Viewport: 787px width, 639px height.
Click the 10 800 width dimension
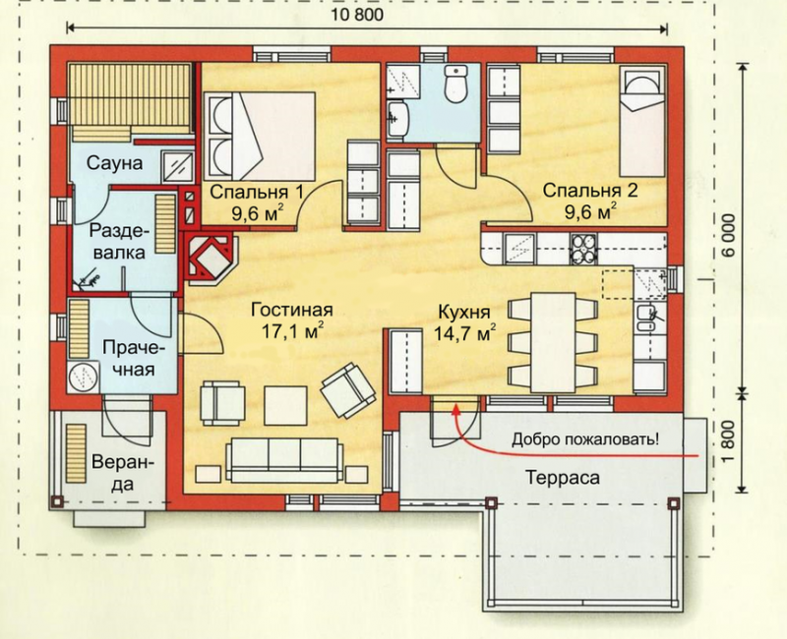pos(357,14)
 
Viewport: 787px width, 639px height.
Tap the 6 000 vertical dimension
pos(729,235)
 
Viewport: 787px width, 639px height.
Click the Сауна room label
pos(114,163)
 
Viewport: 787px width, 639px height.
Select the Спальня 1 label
pos(257,192)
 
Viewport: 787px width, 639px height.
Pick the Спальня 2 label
pos(590,191)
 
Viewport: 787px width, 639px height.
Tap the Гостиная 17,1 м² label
pos(291,320)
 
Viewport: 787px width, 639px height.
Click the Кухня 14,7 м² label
pos(464,322)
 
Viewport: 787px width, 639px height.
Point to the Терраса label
pos(562,478)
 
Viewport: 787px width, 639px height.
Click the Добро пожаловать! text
pos(585,439)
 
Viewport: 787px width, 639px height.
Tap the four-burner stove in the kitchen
pos(582,250)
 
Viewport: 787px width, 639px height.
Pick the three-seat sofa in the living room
pos(283,460)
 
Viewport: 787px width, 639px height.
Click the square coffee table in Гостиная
pos(285,405)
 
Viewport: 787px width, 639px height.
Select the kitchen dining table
pos(553,342)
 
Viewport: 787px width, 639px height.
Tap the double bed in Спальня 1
pos(259,136)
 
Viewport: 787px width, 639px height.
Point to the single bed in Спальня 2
pos(641,122)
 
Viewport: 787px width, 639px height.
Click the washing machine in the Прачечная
pos(84,377)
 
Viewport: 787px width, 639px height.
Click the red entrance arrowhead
pos(455,410)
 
